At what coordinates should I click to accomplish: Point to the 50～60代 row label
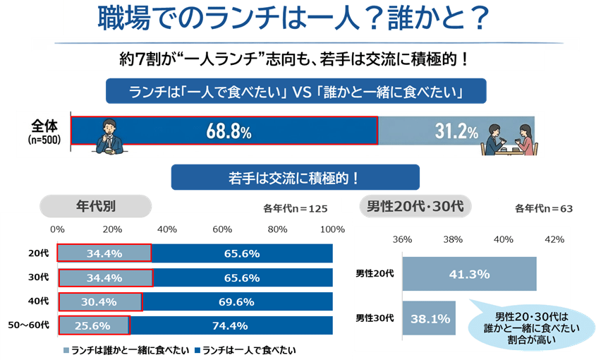[30, 325]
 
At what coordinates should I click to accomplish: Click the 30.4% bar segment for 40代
[99, 301]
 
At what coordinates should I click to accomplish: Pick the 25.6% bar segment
[94, 325]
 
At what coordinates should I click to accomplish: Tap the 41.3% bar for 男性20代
[468, 272]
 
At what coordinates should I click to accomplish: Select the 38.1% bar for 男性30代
[430, 318]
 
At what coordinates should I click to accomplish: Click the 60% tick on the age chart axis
[222, 229]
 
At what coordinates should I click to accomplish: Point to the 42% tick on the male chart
[554, 240]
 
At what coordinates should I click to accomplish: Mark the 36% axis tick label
[403, 240]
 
